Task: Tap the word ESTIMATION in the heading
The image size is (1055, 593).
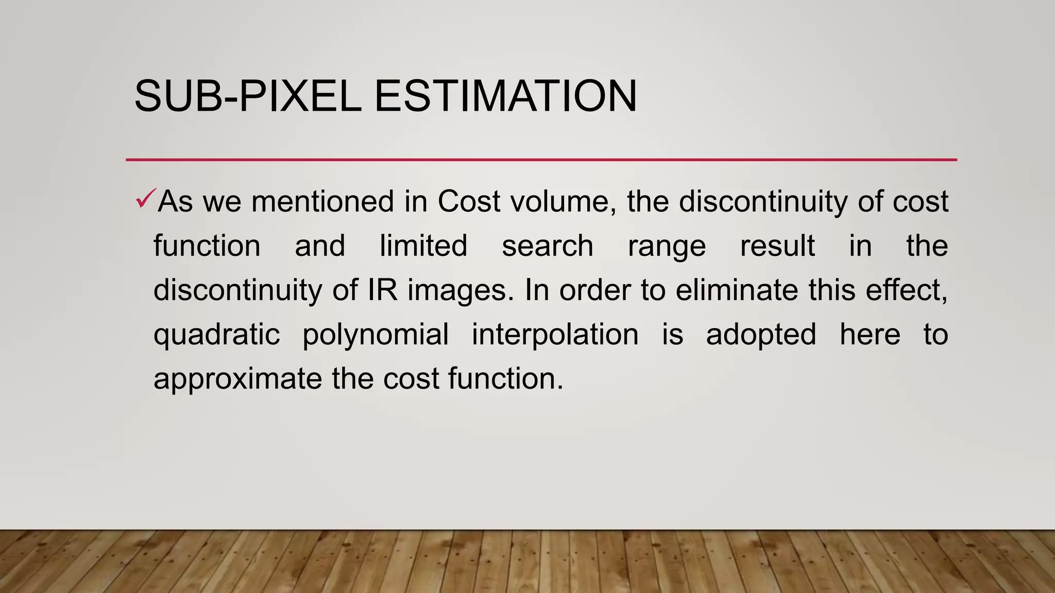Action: pyautogui.click(x=505, y=96)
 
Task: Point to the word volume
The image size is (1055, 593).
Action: pyautogui.click(x=562, y=201)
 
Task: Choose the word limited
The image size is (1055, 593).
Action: pyautogui.click(x=423, y=246)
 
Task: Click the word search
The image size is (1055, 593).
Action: pyautogui.click(x=548, y=246)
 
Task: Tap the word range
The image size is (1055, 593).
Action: pyautogui.click(x=667, y=247)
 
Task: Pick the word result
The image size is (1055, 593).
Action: pyautogui.click(x=777, y=246)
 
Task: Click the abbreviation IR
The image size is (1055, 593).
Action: pyautogui.click(x=382, y=290)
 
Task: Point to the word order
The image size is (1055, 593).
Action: pyautogui.click(x=595, y=290)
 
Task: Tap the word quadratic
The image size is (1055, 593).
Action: pyautogui.click(x=217, y=335)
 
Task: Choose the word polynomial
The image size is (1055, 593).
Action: pyautogui.click(x=376, y=335)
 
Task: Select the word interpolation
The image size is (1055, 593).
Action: pyautogui.click(x=555, y=335)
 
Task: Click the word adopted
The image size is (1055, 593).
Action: pyautogui.click(x=761, y=335)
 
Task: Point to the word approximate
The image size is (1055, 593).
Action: pyautogui.click(x=238, y=379)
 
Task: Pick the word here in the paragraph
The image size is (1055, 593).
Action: pyautogui.click(x=870, y=334)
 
